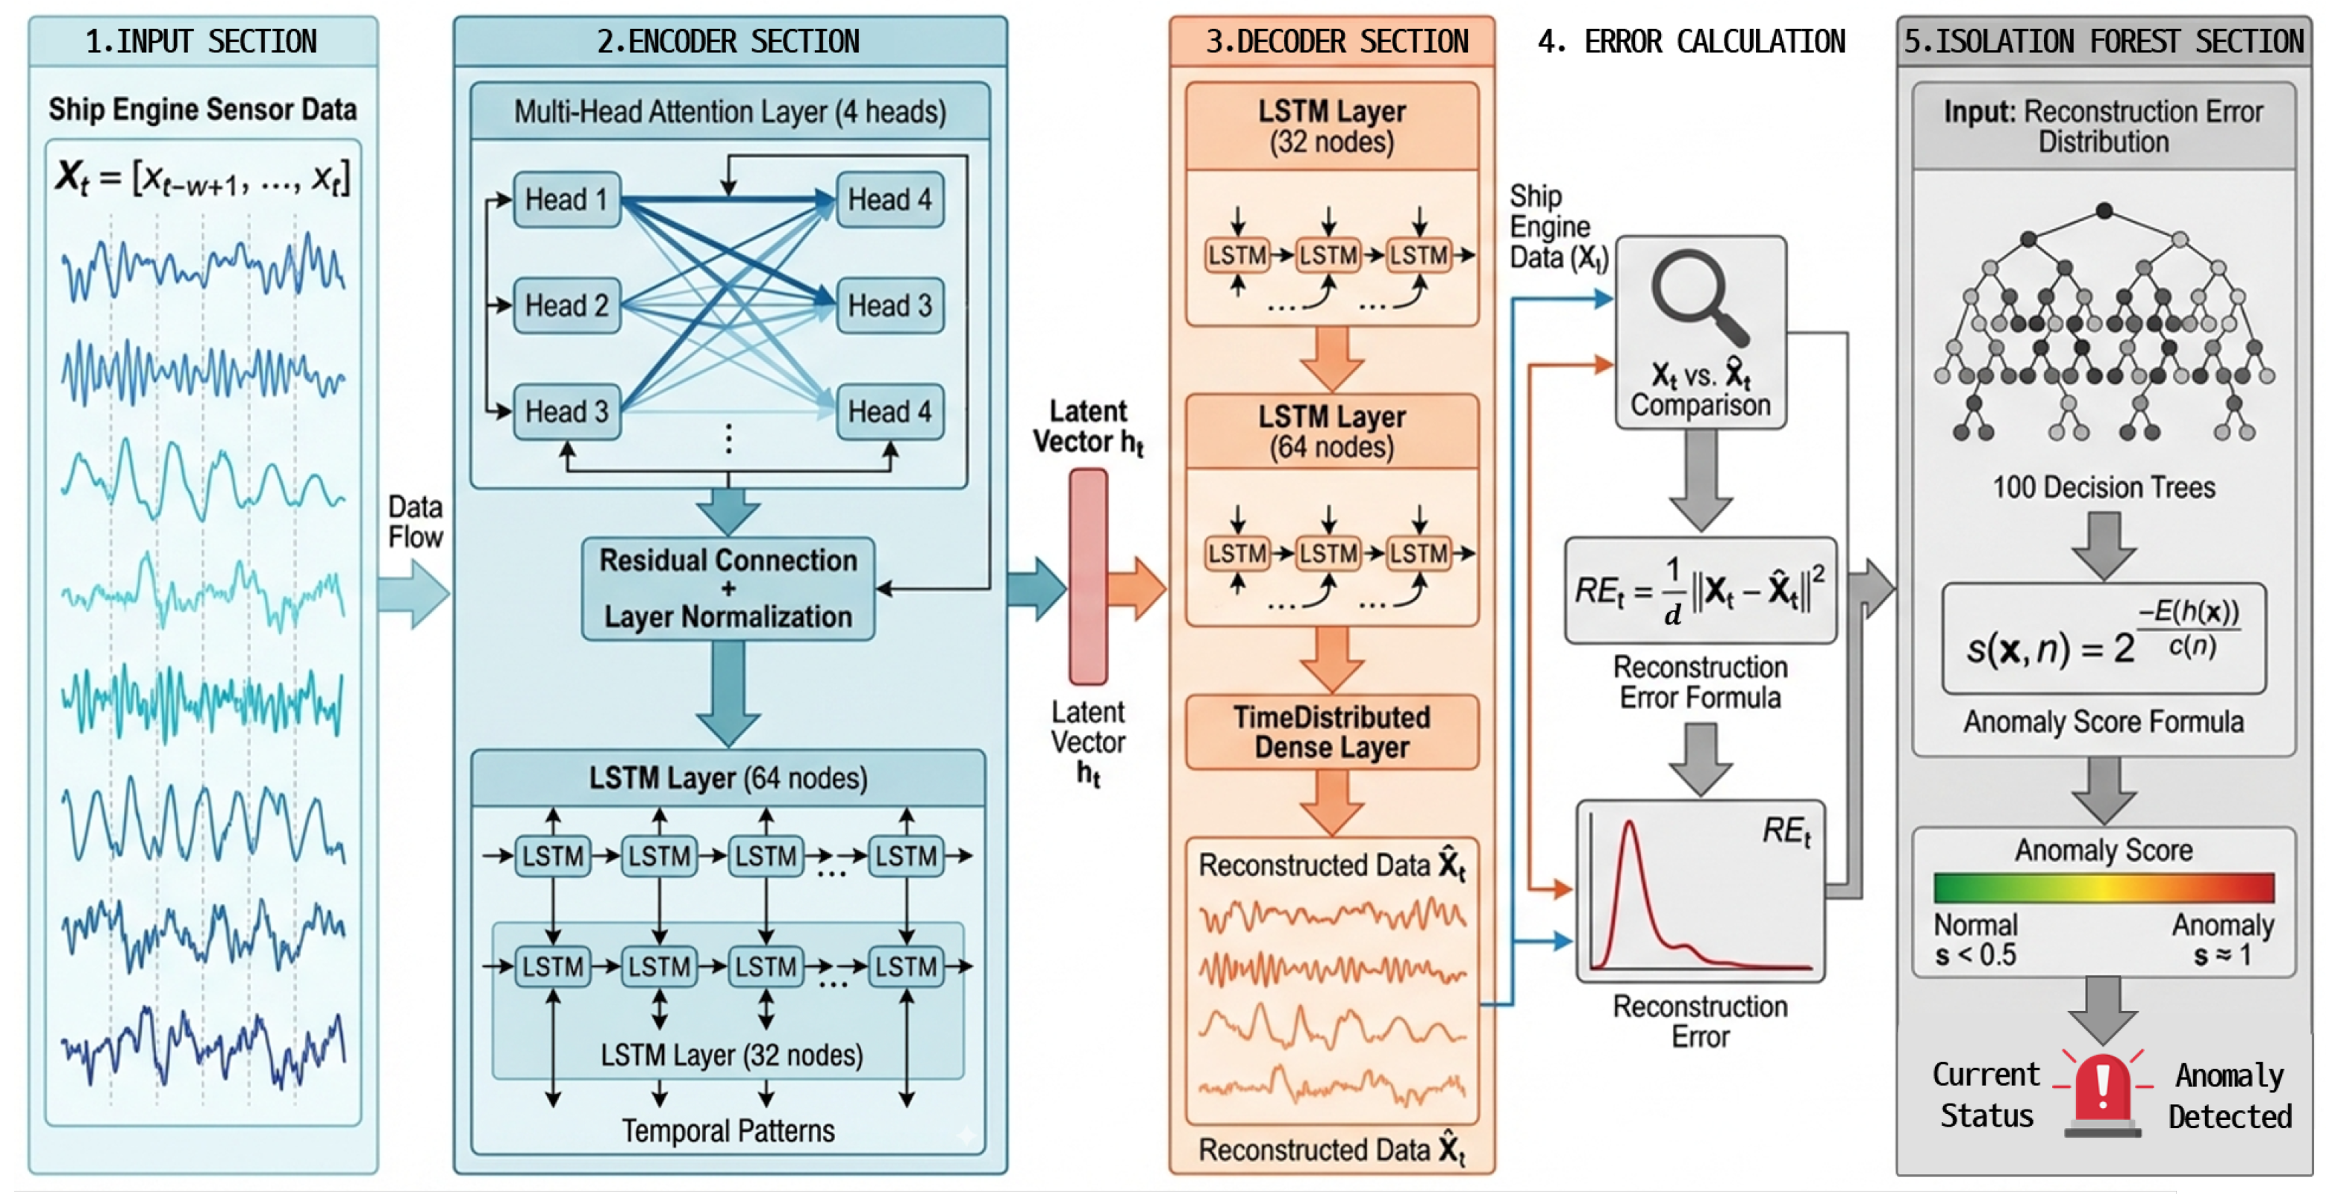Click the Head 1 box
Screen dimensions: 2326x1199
[567, 199]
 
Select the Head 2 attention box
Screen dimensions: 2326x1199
[567, 305]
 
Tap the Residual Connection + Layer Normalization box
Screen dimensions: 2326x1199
[728, 589]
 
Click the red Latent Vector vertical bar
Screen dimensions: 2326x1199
[1088, 576]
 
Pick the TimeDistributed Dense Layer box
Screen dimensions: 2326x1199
[1332, 732]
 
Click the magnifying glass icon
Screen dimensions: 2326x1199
[1698, 298]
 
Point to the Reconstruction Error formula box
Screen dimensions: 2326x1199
[1700, 590]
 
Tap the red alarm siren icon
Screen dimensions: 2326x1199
[2103, 1092]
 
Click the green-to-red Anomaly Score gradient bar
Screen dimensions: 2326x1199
[2103, 888]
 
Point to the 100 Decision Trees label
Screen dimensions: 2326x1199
[2103, 487]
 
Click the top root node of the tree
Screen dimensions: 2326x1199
[2104, 211]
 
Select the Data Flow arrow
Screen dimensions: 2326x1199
[413, 593]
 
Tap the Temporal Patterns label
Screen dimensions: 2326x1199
[728, 1130]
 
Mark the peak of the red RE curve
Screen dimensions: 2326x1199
[1630, 821]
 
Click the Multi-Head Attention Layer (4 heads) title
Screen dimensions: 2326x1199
[731, 112]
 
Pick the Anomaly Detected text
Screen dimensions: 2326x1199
[2230, 1096]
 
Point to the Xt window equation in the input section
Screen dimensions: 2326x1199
[202, 177]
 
